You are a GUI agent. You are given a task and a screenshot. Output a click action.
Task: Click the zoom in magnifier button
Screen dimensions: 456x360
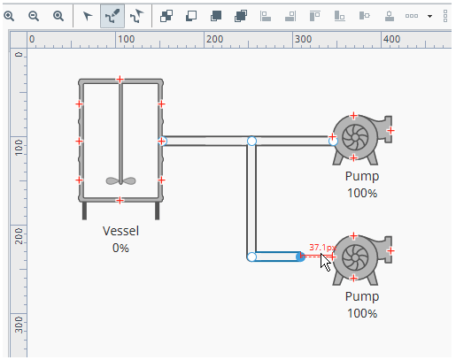9,16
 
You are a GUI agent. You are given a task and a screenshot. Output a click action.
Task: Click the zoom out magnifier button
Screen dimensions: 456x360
34,16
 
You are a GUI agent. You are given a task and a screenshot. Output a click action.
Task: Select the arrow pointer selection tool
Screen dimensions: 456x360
88,16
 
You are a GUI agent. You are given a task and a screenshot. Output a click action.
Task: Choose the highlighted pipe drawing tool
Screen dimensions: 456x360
112,16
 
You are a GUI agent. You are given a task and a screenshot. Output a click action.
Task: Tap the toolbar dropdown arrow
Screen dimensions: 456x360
429,16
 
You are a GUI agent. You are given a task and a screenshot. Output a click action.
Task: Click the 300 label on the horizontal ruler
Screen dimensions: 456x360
303,39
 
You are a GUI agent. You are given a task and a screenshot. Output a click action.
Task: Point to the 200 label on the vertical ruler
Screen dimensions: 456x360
19,236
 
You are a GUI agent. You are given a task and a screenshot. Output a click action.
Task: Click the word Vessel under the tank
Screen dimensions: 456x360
120,231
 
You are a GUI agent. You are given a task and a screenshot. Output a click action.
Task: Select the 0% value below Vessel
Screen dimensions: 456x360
120,248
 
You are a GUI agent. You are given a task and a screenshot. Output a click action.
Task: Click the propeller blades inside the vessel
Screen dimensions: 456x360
120,180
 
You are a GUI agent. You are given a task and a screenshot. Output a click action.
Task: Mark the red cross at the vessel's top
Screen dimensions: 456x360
120,80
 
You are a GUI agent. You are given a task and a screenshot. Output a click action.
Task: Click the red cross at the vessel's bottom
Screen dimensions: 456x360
120,201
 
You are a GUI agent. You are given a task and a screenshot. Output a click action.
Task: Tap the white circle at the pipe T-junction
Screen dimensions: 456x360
251,141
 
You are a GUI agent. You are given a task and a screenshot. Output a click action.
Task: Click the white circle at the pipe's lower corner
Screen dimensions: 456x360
251,257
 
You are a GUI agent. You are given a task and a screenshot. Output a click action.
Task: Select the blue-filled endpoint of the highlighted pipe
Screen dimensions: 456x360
300,257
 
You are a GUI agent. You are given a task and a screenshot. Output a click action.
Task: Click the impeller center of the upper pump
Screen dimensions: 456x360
355,137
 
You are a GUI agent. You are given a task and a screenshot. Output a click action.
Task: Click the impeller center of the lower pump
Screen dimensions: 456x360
355,257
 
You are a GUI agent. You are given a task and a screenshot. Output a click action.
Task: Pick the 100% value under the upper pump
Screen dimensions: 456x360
362,194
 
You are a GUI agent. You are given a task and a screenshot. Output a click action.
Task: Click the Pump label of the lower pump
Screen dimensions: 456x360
362,296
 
